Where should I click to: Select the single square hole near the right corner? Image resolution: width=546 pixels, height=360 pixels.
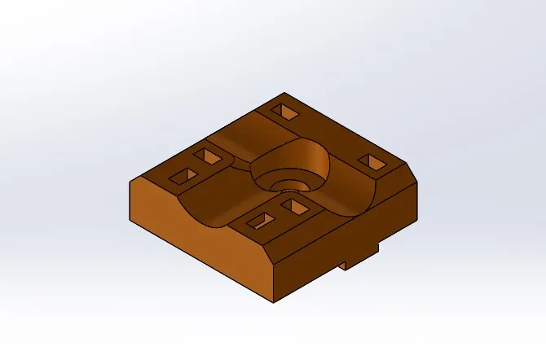(374, 162)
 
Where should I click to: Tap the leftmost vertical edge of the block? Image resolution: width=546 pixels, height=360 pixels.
(130, 199)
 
